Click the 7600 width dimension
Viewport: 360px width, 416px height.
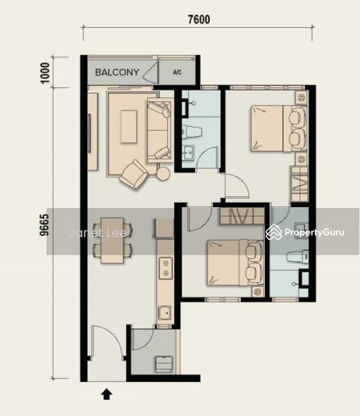point(199,19)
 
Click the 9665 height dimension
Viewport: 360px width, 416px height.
point(44,225)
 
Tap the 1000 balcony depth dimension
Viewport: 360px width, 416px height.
point(45,73)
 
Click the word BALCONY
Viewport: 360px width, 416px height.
point(117,72)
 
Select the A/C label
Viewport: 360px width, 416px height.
point(177,72)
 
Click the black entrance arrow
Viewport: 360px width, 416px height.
point(106,395)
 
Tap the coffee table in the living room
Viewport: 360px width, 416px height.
point(129,127)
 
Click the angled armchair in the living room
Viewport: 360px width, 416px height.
point(134,174)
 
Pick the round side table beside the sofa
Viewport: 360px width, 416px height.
point(163,174)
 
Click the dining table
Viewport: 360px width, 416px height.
point(112,241)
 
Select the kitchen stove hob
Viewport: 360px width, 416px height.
point(166,268)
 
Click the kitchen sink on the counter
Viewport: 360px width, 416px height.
point(165,313)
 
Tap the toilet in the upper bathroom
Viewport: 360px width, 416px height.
point(191,132)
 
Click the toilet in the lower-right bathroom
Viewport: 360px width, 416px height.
point(298,257)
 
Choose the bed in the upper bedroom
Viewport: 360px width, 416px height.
point(279,129)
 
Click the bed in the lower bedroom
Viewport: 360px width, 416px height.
point(235,263)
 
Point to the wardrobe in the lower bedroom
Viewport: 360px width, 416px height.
point(242,216)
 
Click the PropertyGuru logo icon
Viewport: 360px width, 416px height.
point(274,232)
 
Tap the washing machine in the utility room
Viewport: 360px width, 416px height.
point(164,364)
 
